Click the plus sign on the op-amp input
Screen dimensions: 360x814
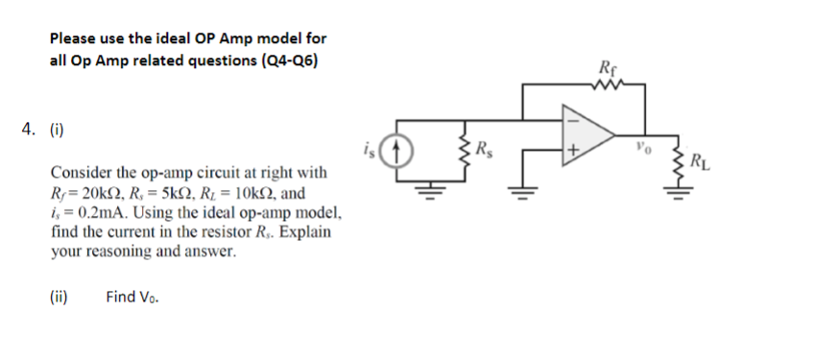[573, 152]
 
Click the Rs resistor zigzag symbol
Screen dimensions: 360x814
[467, 154]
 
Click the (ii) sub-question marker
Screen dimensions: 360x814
[60, 297]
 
